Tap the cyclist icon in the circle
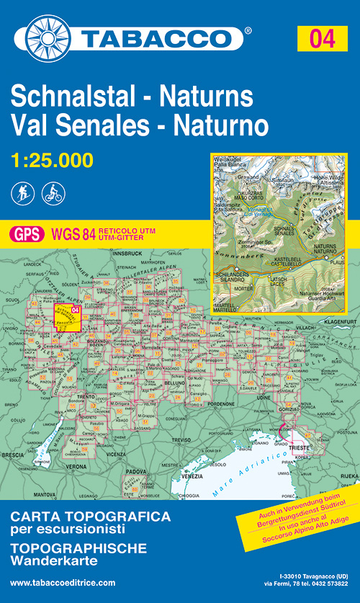(x=53, y=193)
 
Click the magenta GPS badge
(x=26, y=233)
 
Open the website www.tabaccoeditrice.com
(x=63, y=582)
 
